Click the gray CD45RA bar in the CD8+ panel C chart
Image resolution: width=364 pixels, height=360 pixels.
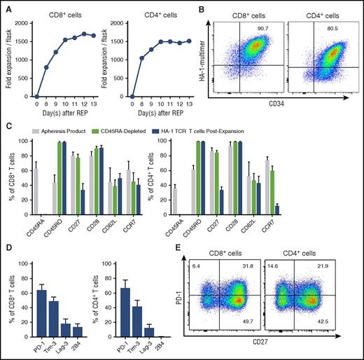[36, 190]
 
